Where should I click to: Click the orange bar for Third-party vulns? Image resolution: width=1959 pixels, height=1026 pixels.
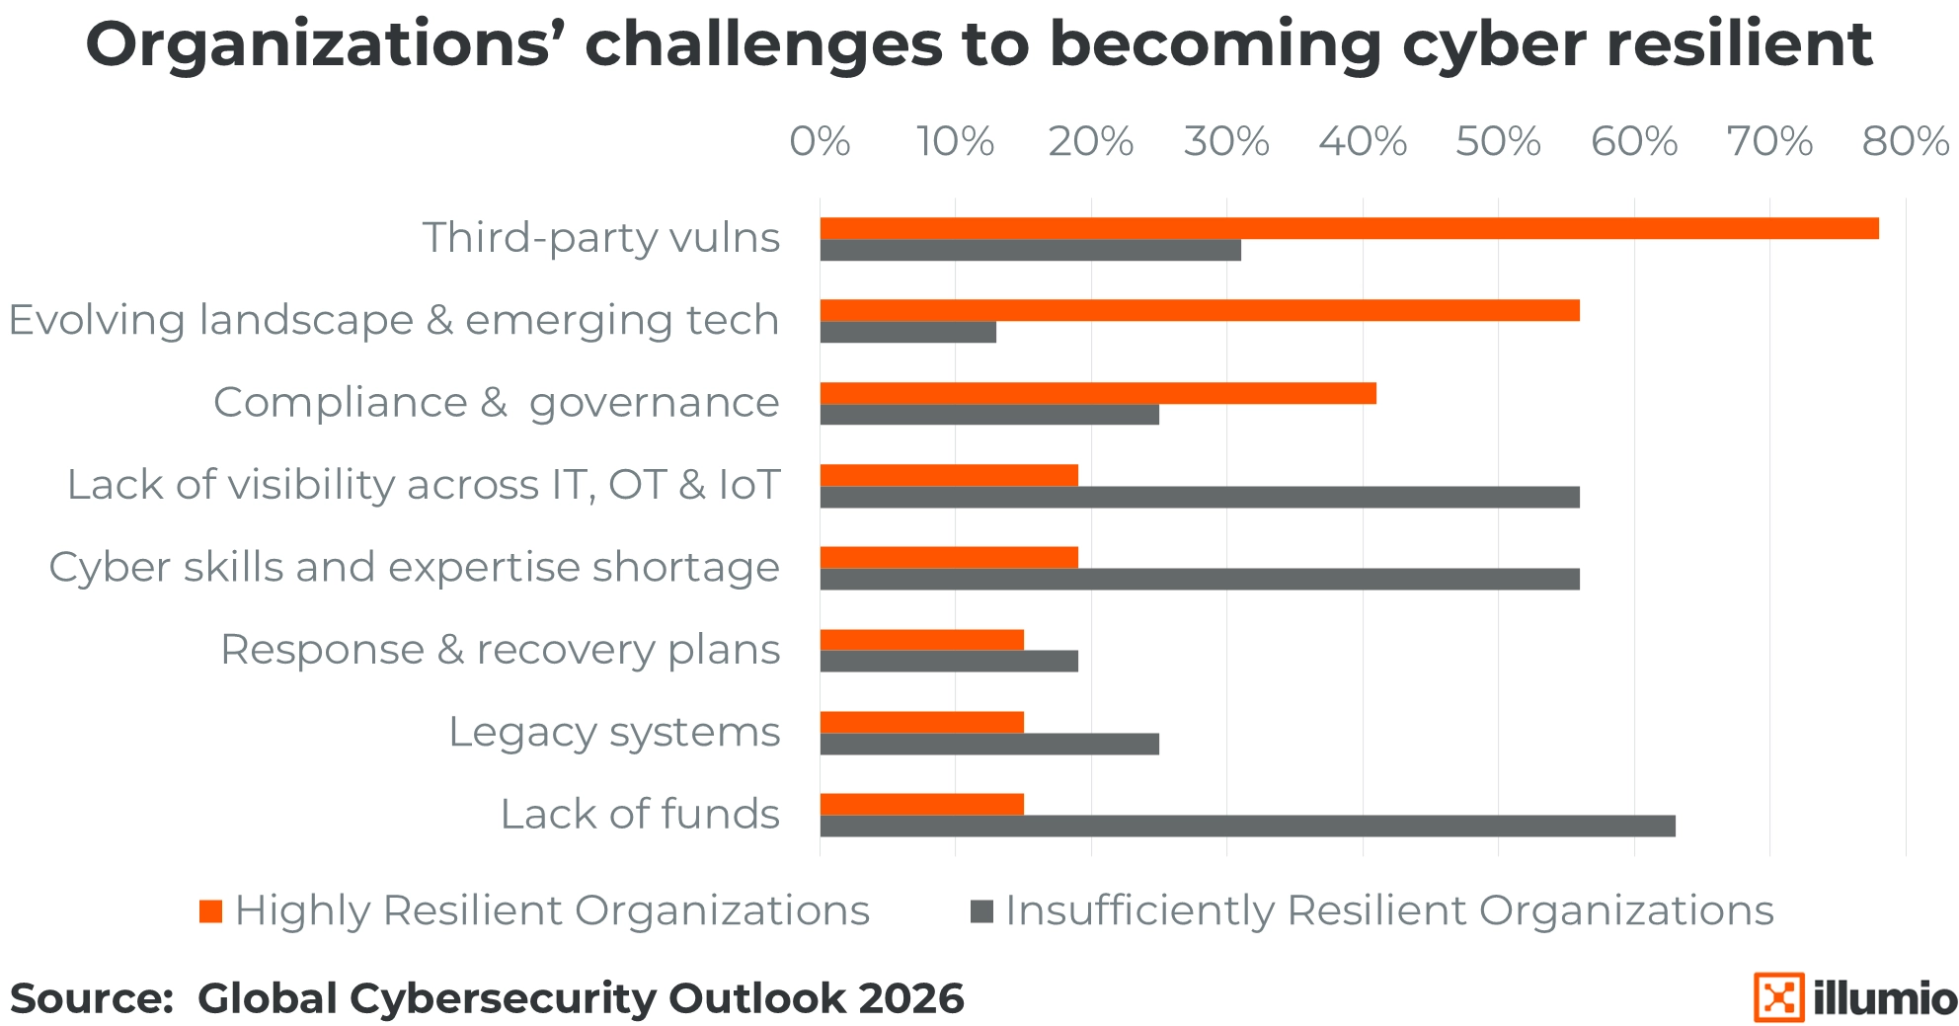(1349, 228)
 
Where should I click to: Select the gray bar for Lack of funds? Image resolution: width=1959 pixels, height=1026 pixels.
(1247, 826)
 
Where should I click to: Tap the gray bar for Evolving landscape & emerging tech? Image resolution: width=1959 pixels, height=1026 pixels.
(907, 332)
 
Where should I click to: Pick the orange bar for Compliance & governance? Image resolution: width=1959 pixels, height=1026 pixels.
(1097, 393)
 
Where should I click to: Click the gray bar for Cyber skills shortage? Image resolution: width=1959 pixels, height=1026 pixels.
(1199, 580)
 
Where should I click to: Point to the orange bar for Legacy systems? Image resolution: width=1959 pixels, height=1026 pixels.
(921, 722)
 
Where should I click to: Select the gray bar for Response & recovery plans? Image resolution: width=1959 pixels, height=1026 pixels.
(948, 661)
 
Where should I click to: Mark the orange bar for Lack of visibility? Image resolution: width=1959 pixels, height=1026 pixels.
(948, 475)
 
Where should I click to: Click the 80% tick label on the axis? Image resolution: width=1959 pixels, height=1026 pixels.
(1905, 142)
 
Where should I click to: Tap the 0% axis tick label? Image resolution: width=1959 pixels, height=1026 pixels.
(820, 142)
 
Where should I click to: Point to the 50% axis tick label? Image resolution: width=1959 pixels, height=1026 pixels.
(1498, 142)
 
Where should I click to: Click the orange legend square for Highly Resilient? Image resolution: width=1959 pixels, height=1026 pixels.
(210, 910)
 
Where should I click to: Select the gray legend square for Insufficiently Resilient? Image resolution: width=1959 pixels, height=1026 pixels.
(981, 910)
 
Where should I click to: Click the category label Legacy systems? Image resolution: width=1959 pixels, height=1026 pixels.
(614, 732)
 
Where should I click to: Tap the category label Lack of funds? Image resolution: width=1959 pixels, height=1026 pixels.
(640, 815)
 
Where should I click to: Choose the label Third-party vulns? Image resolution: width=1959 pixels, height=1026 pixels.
(601, 238)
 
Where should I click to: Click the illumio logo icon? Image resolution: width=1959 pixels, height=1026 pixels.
(1778, 997)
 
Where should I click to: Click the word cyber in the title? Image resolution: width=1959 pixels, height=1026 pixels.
(1494, 44)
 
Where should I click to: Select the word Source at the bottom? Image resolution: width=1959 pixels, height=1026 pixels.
(91, 998)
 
